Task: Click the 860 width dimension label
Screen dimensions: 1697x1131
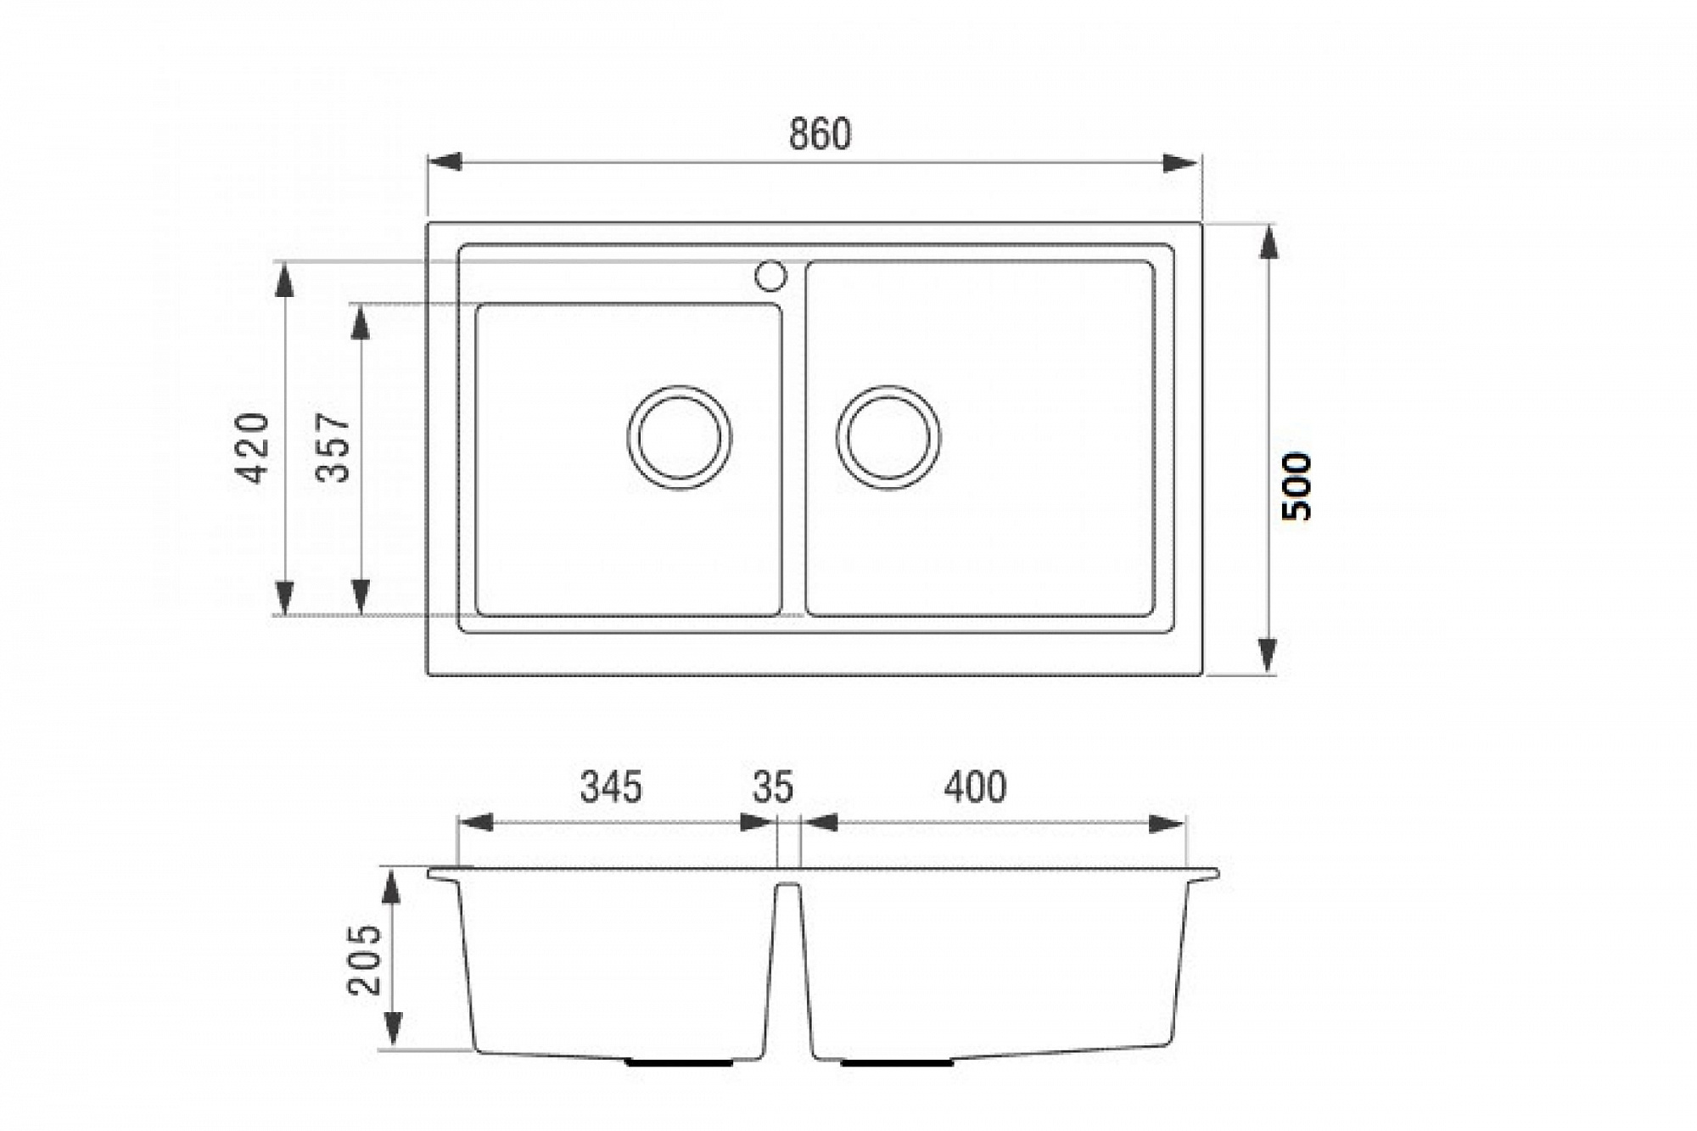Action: [820, 134]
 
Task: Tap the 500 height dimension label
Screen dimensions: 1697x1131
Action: [1297, 487]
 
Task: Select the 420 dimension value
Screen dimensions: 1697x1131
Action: [252, 448]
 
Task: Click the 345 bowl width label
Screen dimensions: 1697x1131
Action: [611, 787]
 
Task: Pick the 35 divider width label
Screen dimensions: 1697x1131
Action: [772, 787]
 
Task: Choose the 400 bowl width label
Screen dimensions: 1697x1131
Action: [976, 787]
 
